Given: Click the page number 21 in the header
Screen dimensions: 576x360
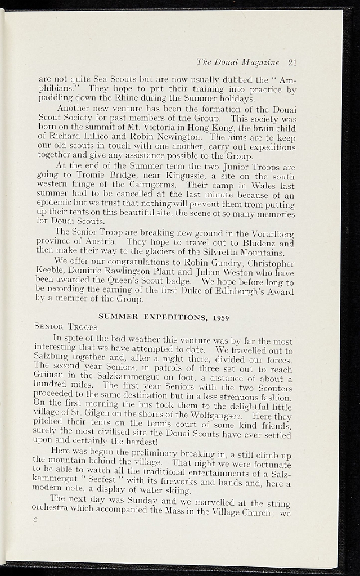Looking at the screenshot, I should click(x=291, y=62).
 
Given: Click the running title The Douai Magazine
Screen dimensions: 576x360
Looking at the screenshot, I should click(x=238, y=62).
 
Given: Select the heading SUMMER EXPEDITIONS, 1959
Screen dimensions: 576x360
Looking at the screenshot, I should click(x=163, y=317).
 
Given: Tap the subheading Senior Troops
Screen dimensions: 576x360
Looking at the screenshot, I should click(x=66, y=327).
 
